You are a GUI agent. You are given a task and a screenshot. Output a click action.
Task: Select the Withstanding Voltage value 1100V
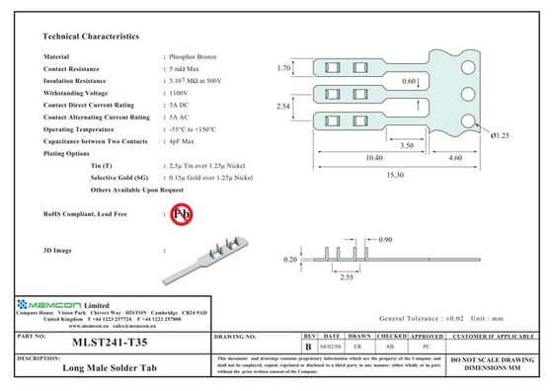(x=179, y=92)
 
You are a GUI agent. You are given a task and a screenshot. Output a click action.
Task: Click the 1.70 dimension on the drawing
(x=283, y=69)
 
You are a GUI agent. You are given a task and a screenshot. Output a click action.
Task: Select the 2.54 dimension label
(x=283, y=107)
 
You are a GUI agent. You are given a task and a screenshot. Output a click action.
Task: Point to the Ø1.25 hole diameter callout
(x=500, y=135)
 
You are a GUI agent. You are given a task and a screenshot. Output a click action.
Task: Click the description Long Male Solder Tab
(x=112, y=367)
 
